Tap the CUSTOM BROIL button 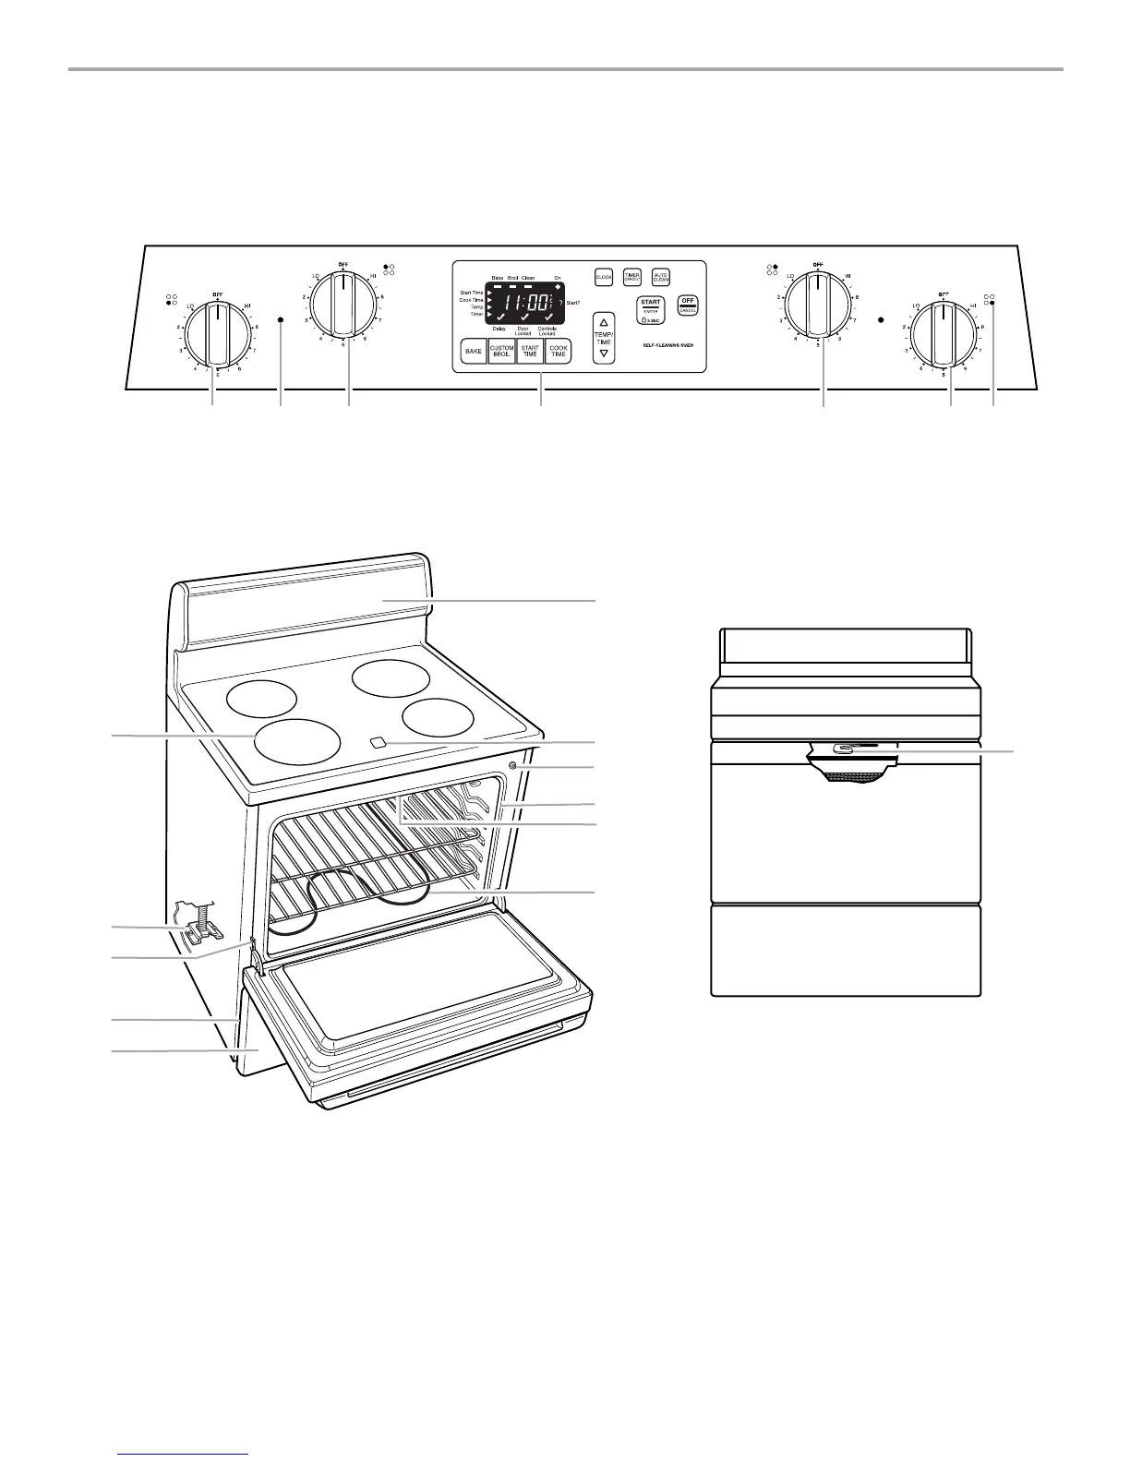click(x=501, y=352)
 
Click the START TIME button click(x=530, y=352)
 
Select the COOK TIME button click(x=559, y=352)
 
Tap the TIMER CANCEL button click(x=632, y=276)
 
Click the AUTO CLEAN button click(x=661, y=276)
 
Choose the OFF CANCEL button click(x=688, y=306)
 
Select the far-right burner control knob click(x=943, y=334)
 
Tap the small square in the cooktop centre click(x=377, y=742)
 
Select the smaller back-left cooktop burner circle click(x=262, y=698)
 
